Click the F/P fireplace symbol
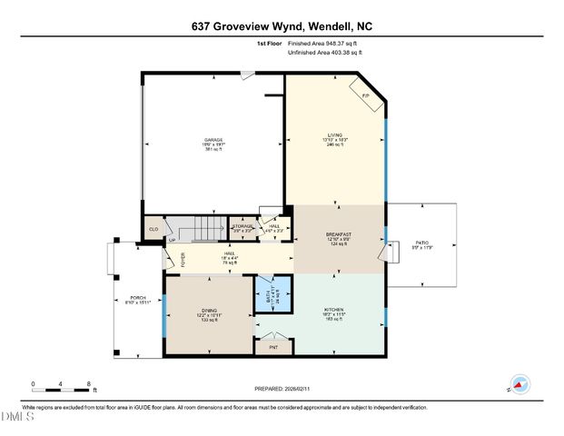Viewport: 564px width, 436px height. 365,94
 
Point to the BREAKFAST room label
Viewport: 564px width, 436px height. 339,238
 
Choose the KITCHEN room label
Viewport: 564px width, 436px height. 335,314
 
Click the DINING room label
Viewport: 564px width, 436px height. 209,314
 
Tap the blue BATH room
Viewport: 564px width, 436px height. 271,295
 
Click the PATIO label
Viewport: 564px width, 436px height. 421,245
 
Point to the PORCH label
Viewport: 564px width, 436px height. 138,300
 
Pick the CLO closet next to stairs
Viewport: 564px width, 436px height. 153,230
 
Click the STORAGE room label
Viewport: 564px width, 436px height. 242,228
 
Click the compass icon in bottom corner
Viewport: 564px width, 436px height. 519,386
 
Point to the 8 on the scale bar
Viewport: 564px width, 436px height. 87,384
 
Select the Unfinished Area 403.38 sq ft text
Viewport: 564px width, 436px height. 324,53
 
